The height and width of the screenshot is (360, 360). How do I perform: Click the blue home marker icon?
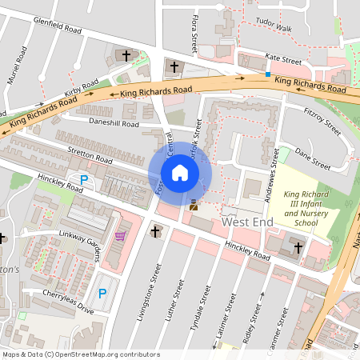coord(180,172)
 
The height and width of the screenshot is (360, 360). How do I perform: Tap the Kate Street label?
coord(283,60)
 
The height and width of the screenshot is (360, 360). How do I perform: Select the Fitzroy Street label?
coord(322,122)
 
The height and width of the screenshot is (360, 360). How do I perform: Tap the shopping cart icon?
coord(120,236)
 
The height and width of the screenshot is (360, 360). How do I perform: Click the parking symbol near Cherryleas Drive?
coord(102,295)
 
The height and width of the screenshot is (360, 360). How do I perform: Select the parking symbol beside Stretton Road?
coord(83,180)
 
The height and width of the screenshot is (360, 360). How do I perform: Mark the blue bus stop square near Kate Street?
coord(267,74)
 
